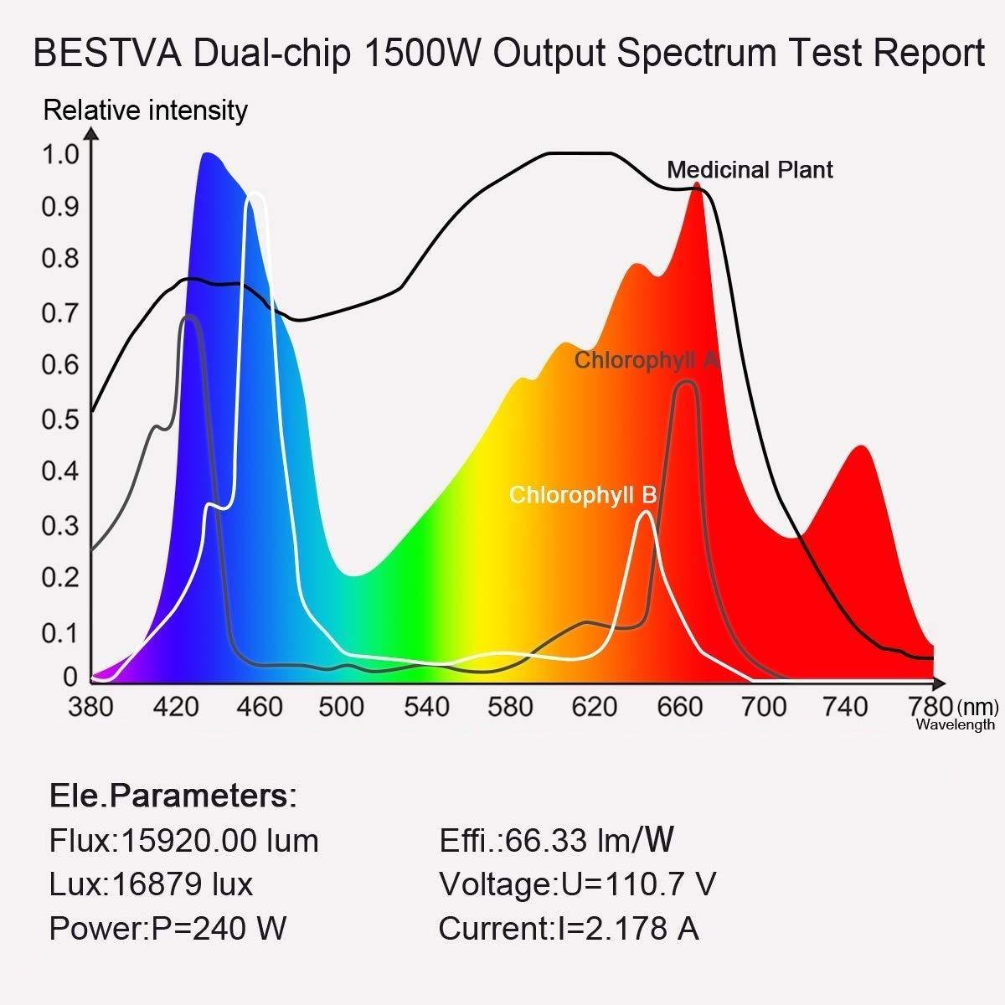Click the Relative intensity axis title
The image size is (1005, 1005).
click(x=145, y=111)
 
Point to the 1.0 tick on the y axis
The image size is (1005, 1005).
click(x=59, y=154)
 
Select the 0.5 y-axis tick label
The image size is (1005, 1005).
click(x=59, y=419)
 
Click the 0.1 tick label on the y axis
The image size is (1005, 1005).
click(x=59, y=633)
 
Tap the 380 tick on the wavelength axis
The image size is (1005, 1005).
click(x=90, y=708)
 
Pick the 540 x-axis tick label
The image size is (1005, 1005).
click(x=426, y=708)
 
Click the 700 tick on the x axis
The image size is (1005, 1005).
click(x=763, y=708)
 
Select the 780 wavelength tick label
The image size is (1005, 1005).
click(x=930, y=708)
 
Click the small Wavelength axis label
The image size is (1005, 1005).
click(x=956, y=725)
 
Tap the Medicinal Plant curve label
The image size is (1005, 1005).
click(x=750, y=170)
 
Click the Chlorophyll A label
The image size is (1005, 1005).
click(x=646, y=361)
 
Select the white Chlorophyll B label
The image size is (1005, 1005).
click(x=582, y=495)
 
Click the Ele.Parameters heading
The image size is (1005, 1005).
click(x=173, y=796)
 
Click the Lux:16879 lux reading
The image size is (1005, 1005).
click(x=151, y=884)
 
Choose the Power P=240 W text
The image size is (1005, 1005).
click(x=167, y=929)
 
